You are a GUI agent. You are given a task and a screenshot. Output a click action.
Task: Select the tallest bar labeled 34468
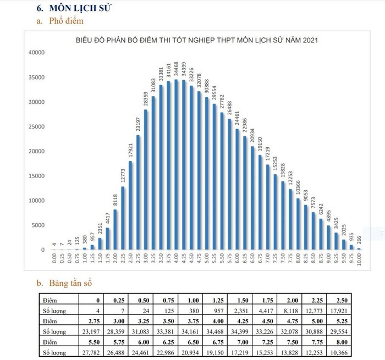177,165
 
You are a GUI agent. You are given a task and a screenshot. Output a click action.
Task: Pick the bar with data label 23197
138,192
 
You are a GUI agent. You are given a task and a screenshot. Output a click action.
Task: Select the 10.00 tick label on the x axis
359,259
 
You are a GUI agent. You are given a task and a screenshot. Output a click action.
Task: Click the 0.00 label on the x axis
54,259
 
